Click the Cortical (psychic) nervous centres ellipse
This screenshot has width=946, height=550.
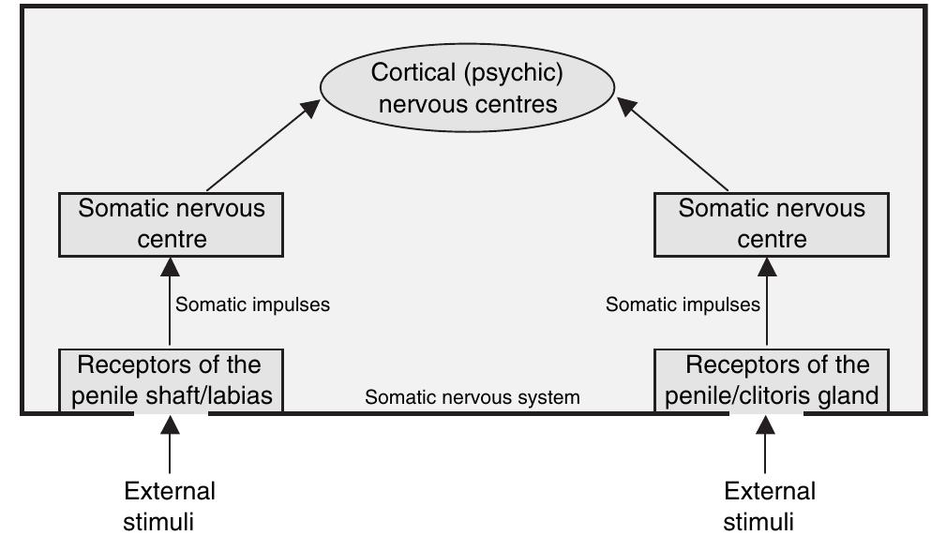click(x=468, y=87)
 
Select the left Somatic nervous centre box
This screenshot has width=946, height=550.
click(x=171, y=224)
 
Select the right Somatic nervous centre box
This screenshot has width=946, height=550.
click(x=772, y=224)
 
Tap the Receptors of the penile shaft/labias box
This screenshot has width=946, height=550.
click(x=171, y=380)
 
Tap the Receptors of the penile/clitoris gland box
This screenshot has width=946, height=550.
click(x=772, y=380)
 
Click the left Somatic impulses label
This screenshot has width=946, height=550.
click(x=253, y=305)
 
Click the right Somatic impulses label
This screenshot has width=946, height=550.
click(x=683, y=305)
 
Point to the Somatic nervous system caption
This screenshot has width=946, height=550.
click(x=472, y=397)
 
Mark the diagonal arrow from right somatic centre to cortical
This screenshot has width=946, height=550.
click(x=674, y=145)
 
